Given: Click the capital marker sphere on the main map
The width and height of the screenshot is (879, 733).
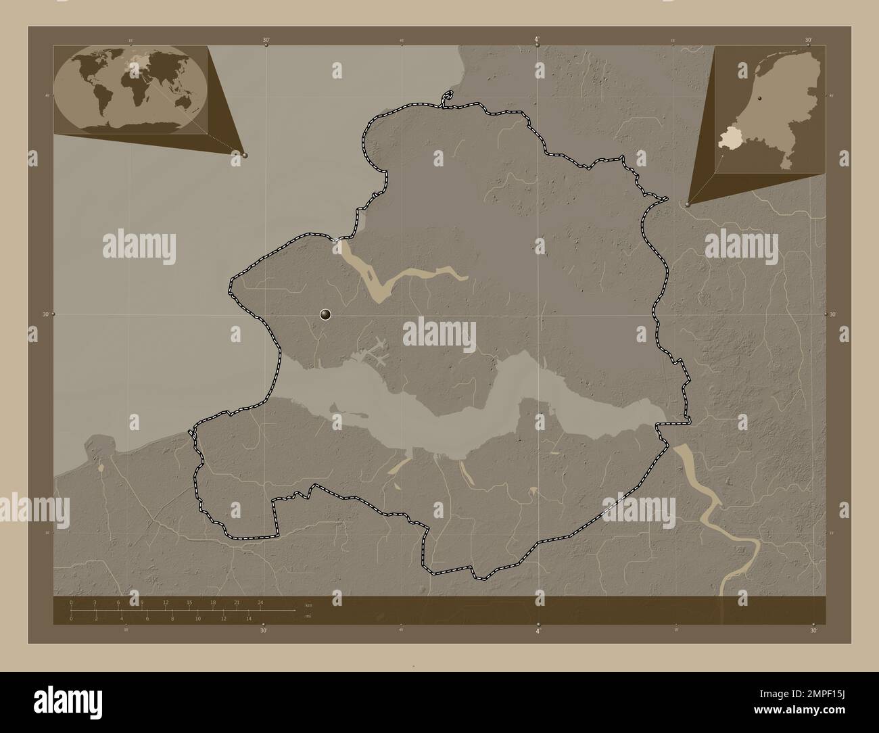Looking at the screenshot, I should pos(326,314).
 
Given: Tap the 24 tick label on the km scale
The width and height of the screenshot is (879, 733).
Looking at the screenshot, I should pos(260,602).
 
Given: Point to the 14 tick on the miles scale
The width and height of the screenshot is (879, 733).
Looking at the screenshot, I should pos(249,618).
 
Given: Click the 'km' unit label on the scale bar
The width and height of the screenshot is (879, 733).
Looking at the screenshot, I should pos(308,605).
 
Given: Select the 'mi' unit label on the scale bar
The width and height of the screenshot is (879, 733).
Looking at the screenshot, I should pos(308,616).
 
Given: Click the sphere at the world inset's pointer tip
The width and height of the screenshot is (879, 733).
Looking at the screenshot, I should pos(245,155).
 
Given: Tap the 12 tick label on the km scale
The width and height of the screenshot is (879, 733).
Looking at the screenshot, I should pos(166,602).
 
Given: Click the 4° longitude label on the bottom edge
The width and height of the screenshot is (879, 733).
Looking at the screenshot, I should pos(538,631).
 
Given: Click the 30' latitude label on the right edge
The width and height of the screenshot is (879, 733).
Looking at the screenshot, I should pos(833,315).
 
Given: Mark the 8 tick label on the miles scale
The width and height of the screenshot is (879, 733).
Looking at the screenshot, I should pos(172,618).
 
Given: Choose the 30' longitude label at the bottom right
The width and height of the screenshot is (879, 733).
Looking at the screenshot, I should pos(813,631).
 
